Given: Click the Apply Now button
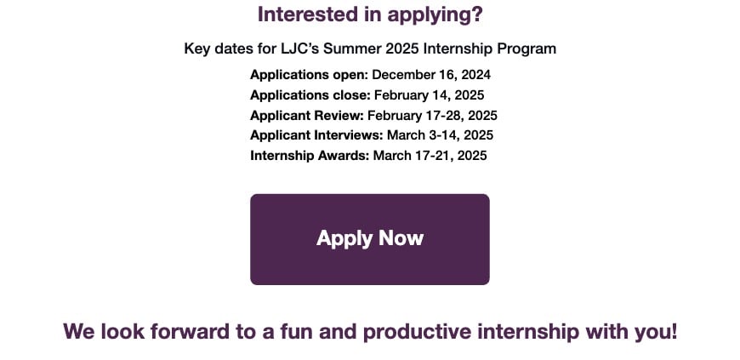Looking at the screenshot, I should pos(369,239).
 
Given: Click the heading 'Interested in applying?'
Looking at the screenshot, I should pos(369,14).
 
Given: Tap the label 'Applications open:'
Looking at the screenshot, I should pos(309,75).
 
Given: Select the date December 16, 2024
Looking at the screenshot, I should pos(431,75).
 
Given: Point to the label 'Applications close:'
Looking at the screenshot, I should pos(310,95).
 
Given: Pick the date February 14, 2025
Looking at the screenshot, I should pos(429,95).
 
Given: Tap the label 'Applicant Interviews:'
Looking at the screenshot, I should pos(316,135).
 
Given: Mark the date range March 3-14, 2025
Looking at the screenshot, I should pos(441,135).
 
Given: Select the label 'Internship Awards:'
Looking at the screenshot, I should pos(310,156).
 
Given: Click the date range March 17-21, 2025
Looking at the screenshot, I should pos(430,156).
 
